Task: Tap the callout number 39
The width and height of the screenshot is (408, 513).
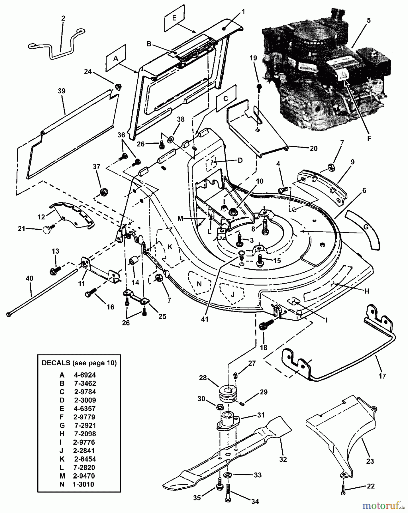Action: pos(62,91)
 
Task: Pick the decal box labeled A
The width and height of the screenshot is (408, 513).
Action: pos(115,58)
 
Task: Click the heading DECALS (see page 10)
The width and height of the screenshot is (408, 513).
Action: pos(79,363)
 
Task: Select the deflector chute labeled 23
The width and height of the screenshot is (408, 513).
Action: pos(342,427)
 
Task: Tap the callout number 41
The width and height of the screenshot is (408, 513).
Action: pos(205,319)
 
